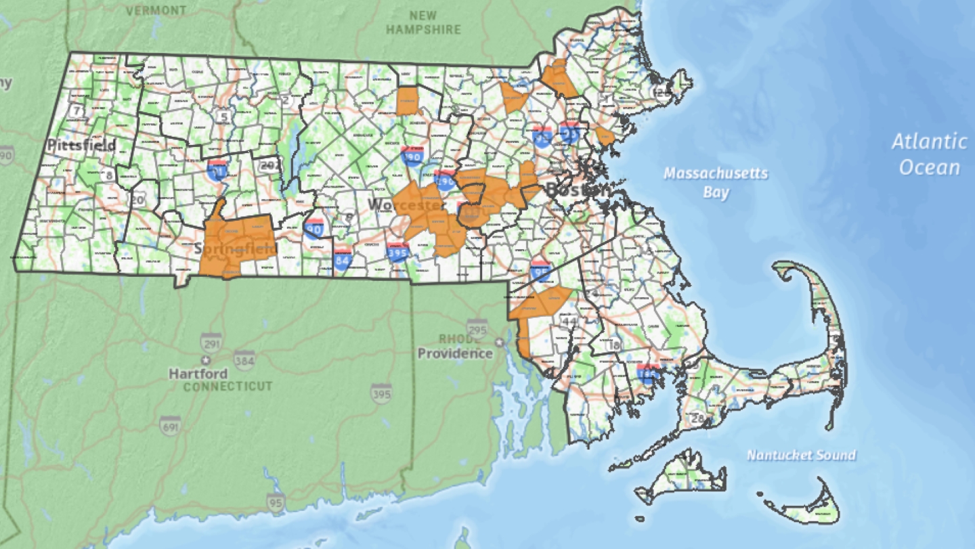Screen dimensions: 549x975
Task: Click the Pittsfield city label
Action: click(x=81, y=145)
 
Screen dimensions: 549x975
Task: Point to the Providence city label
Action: click(x=454, y=353)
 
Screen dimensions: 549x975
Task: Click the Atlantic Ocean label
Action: click(x=929, y=154)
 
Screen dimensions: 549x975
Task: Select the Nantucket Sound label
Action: click(x=801, y=455)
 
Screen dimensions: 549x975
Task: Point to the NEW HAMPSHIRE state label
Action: click(x=424, y=22)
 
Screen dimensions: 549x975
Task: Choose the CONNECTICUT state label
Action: click(x=227, y=387)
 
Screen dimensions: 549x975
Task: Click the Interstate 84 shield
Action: click(x=343, y=259)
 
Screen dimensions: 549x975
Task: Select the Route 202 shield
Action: click(x=271, y=164)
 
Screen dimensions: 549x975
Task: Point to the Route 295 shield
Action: click(x=477, y=328)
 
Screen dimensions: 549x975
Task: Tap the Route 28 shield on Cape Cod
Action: click(x=697, y=418)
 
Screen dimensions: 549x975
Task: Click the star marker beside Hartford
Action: click(x=205, y=359)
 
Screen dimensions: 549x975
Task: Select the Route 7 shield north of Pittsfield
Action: click(x=77, y=110)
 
